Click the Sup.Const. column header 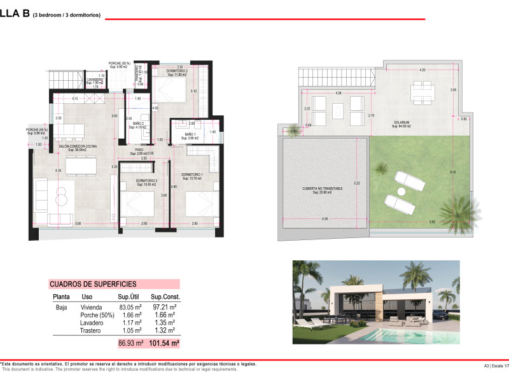[165, 297]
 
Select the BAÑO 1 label [191, 134]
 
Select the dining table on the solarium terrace [421, 92]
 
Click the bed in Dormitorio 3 [138, 206]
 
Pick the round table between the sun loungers [401, 191]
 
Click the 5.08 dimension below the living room [78, 223]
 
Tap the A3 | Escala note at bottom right [494, 365]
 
